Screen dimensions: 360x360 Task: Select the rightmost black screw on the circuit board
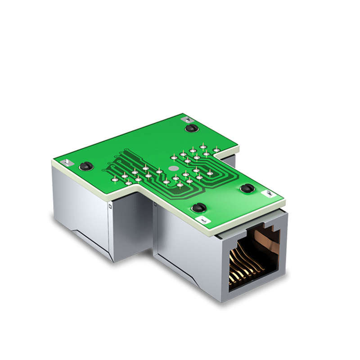point(247,188)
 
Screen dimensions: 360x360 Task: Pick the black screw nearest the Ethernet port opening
point(198,208)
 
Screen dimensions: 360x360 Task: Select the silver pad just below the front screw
point(203,219)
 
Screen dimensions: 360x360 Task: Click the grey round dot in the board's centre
point(172,169)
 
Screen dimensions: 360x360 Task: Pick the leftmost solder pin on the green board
point(115,180)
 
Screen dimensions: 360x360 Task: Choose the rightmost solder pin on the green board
point(216,149)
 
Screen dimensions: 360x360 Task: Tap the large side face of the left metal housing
point(81,207)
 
